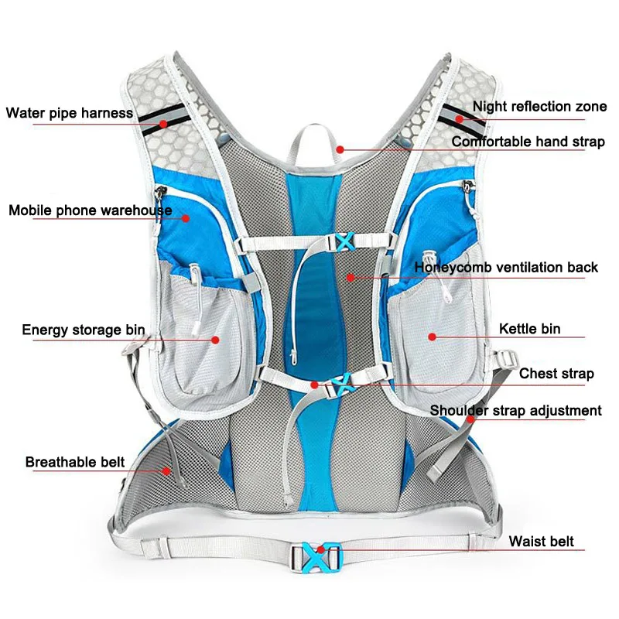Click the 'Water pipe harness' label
click(70, 113)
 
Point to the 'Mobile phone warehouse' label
click(91, 210)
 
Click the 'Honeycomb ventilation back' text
click(507, 268)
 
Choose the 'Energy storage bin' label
click(84, 330)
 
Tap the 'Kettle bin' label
click(529, 329)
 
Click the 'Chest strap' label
click(556, 374)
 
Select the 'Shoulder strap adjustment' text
click(516, 410)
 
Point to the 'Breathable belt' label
click(75, 463)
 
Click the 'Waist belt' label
click(541, 541)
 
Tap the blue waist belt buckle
click(317, 555)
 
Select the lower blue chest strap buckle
click(341, 382)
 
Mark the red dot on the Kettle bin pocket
click(432, 337)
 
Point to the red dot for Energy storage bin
click(214, 338)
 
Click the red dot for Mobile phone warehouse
click(186, 219)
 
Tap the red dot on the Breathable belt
click(166, 470)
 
